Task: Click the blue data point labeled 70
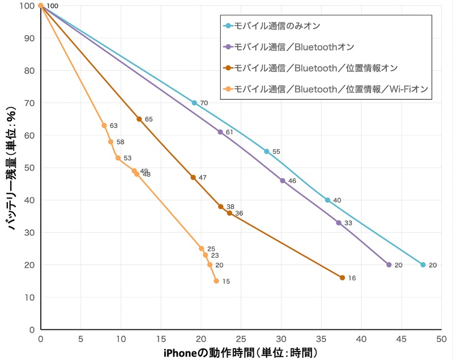click(194, 103)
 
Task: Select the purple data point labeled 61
click(220, 132)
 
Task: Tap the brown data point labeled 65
click(139, 119)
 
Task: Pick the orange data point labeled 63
click(104, 126)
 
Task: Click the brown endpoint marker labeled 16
click(342, 277)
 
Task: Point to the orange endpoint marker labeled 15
click(216, 281)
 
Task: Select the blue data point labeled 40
click(327, 200)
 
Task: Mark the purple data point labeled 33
click(339, 222)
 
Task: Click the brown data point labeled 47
click(193, 177)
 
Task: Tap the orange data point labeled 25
click(202, 248)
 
